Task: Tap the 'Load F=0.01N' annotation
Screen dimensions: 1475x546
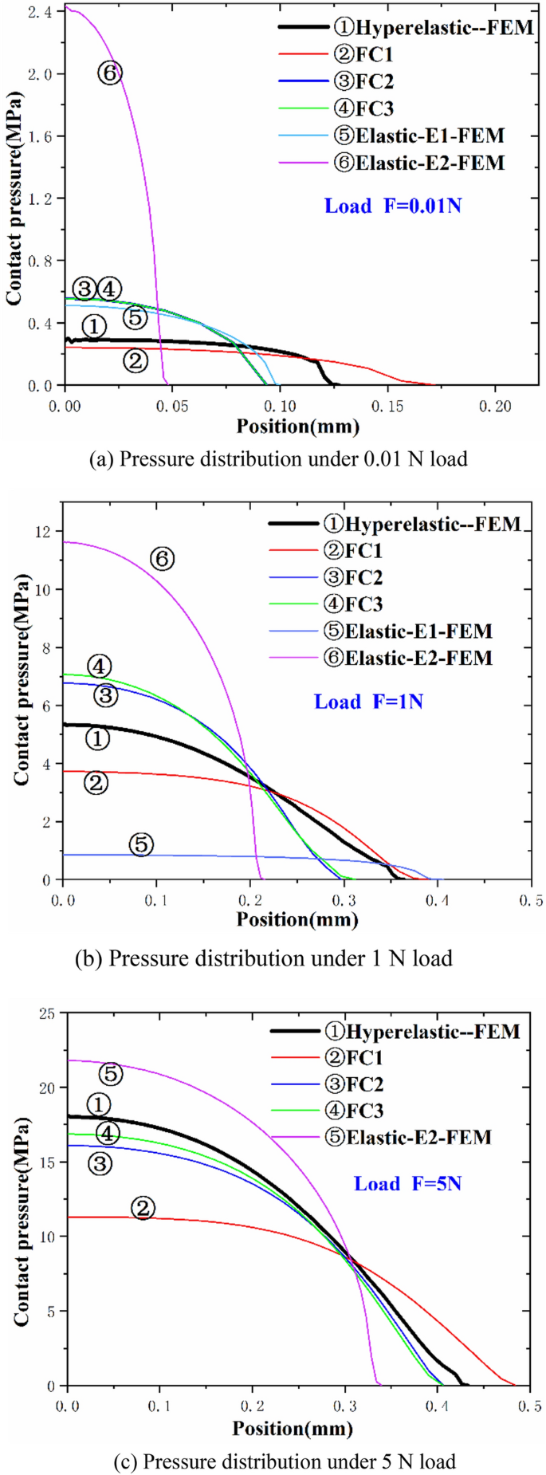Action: pos(392,206)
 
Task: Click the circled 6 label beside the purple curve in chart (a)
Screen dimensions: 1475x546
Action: pos(110,73)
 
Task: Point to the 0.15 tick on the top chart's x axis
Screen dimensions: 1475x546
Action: pos(387,407)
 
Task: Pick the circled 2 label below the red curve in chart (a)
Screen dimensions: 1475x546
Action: pos(136,361)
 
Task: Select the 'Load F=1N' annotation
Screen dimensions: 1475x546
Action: pos(368,702)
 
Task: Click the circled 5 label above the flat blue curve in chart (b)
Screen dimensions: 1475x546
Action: pos(141,844)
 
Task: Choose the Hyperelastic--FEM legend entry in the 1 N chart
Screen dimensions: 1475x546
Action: pos(422,524)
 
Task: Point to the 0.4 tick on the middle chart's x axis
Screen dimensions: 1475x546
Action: pos(437,901)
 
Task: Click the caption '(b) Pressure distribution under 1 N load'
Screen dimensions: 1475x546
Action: pos(263,958)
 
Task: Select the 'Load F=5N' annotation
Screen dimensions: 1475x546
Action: pos(407,1183)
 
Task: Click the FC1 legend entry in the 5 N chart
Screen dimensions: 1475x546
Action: pos(355,1058)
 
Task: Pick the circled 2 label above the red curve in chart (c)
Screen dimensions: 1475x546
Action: pos(143,1208)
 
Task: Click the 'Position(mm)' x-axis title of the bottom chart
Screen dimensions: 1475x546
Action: pos(293,1428)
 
